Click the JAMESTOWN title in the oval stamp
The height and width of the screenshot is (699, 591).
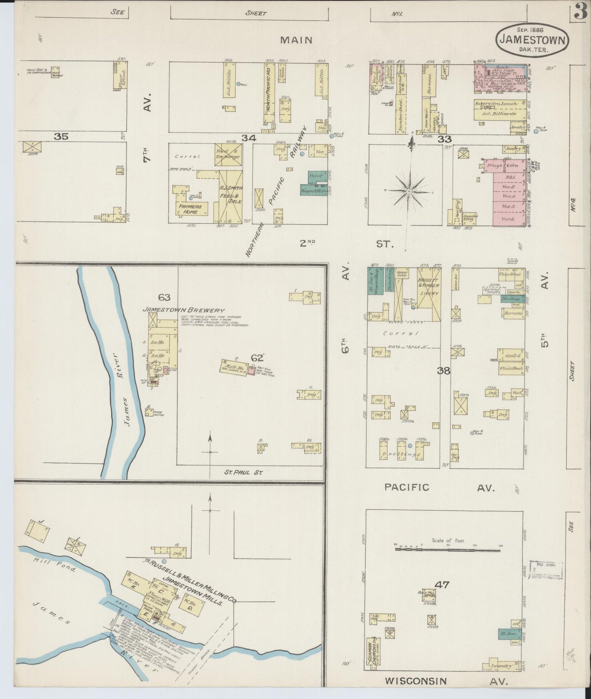pyautogui.click(x=532, y=40)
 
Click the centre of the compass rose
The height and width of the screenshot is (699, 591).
pyautogui.click(x=409, y=191)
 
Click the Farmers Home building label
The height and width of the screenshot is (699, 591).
pyautogui.click(x=189, y=209)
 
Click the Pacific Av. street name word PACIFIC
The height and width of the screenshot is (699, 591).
pyautogui.click(x=407, y=487)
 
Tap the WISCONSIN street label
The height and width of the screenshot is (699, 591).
pyautogui.click(x=416, y=681)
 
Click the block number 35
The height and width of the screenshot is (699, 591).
pyautogui.click(x=61, y=137)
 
